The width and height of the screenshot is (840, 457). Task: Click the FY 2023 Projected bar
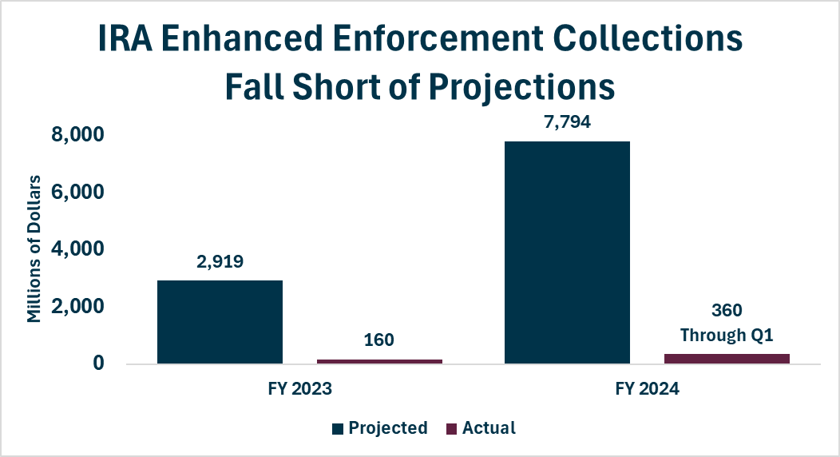pos(220,322)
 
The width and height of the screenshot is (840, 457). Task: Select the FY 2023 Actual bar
pos(379,362)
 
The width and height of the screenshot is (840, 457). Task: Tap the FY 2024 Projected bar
pos(568,252)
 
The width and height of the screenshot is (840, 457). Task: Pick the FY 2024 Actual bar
pos(727,359)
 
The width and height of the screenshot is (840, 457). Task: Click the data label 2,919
pos(220,261)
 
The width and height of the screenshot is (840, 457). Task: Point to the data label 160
pos(378,340)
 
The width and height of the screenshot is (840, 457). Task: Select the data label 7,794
pos(568,122)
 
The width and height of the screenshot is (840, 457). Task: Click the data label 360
pos(727,310)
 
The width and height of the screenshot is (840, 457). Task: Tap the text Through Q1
pos(727,336)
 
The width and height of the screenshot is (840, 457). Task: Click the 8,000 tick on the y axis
pos(77,134)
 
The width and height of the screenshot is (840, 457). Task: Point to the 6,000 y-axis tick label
pos(77,192)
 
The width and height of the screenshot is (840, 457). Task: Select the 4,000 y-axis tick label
pos(77,249)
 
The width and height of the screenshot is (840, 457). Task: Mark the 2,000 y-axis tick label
pos(77,307)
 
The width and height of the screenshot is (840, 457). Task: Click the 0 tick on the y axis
pos(98,364)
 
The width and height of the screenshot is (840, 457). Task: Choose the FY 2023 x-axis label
pos(300,388)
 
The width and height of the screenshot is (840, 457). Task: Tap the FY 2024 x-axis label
pos(647,388)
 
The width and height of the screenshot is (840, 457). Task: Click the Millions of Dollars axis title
pos(34,248)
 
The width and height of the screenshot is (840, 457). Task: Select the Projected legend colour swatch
pos(338,428)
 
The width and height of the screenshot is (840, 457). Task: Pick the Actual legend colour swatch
pos(451,428)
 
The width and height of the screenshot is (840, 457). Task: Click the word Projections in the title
pos(522,87)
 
